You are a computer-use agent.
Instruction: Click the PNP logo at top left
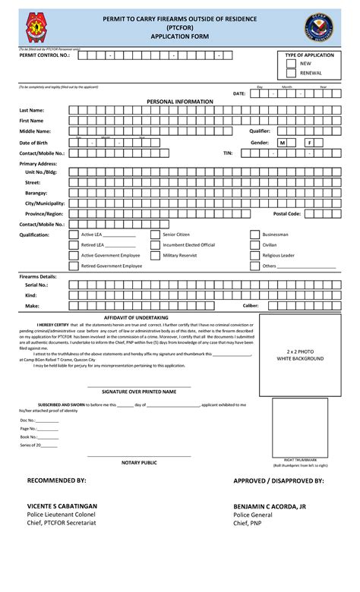(x=35, y=27)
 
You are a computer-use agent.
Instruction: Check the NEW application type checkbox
(x=291, y=64)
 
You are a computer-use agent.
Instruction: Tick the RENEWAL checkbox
(x=291, y=74)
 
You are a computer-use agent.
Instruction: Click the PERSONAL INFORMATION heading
(x=179, y=101)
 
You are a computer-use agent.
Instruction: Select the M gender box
(x=282, y=143)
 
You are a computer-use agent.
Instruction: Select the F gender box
(x=309, y=143)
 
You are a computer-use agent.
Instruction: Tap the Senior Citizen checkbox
(x=155, y=235)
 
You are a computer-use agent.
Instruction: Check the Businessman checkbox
(x=255, y=235)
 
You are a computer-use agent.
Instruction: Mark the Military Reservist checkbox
(x=155, y=256)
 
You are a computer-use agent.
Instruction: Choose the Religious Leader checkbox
(x=255, y=256)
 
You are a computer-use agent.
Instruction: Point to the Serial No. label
(x=36, y=285)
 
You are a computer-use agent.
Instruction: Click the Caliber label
(x=251, y=305)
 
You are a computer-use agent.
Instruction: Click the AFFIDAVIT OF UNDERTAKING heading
(x=136, y=317)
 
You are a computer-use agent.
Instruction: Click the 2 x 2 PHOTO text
(x=300, y=351)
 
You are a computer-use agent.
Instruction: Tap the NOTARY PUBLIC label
(x=139, y=462)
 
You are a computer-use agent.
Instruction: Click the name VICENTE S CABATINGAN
(x=62, y=505)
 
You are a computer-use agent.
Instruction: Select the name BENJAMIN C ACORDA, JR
(x=270, y=505)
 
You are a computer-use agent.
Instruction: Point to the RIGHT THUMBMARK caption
(x=300, y=460)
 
